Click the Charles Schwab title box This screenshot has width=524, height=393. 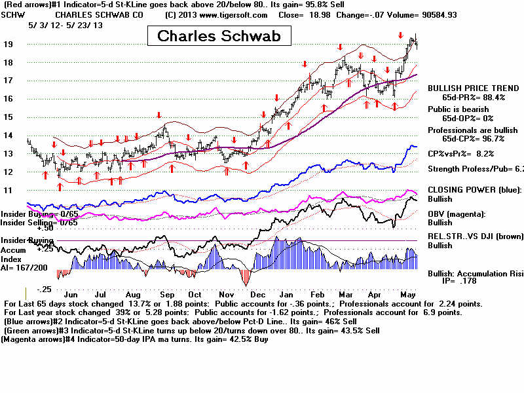coord(219,35)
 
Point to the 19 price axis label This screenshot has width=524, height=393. coord(10,44)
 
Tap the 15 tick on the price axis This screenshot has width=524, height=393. coord(10,117)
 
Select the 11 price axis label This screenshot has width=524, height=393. coord(10,190)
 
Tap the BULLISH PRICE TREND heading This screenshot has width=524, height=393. coord(474,88)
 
